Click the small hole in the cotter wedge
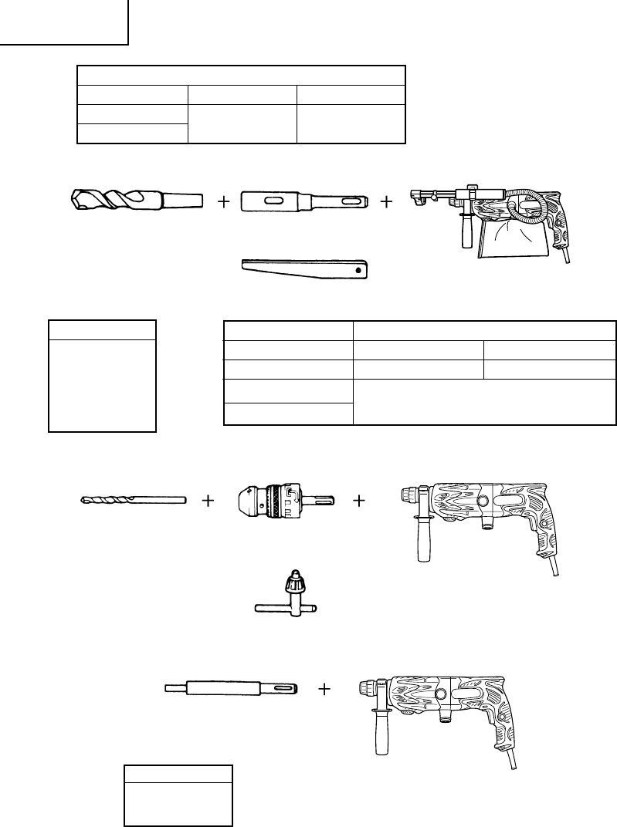coord(356,272)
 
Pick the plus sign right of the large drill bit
coord(224,202)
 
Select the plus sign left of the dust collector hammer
coord(386,202)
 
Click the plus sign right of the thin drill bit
coord(208,501)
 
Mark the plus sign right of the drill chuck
coord(359,501)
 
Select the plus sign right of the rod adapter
coord(324,688)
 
